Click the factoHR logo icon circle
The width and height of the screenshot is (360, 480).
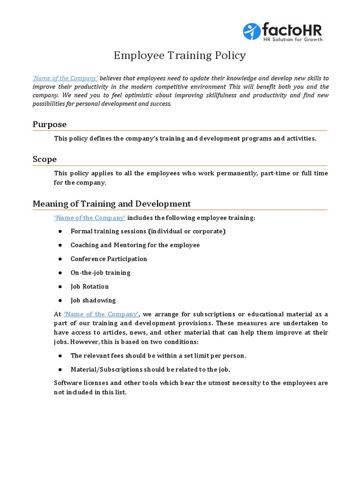pyautogui.click(x=252, y=31)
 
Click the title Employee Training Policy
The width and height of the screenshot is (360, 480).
pyautogui.click(x=180, y=55)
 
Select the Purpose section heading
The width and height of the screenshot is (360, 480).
pyautogui.click(x=50, y=124)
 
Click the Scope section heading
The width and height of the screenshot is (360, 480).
pyautogui.click(x=45, y=159)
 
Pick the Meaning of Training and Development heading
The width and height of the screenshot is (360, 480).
pyautogui.click(x=112, y=204)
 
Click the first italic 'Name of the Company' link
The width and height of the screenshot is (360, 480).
pyautogui.click(x=65, y=78)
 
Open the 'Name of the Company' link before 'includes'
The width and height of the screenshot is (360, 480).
pyautogui.click(x=90, y=217)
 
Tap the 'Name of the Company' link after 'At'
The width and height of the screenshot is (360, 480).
pyautogui.click(x=101, y=314)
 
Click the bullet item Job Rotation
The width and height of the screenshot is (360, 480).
pyautogui.click(x=90, y=286)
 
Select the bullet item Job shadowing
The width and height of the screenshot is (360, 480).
pyautogui.click(x=93, y=300)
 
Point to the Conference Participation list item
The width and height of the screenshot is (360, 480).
pyautogui.click(x=109, y=259)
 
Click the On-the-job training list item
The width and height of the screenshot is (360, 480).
pyautogui.click(x=100, y=273)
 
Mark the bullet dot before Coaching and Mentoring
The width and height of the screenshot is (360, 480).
pyautogui.click(x=60, y=245)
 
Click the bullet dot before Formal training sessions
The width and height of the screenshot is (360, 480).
pyautogui.click(x=60, y=232)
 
